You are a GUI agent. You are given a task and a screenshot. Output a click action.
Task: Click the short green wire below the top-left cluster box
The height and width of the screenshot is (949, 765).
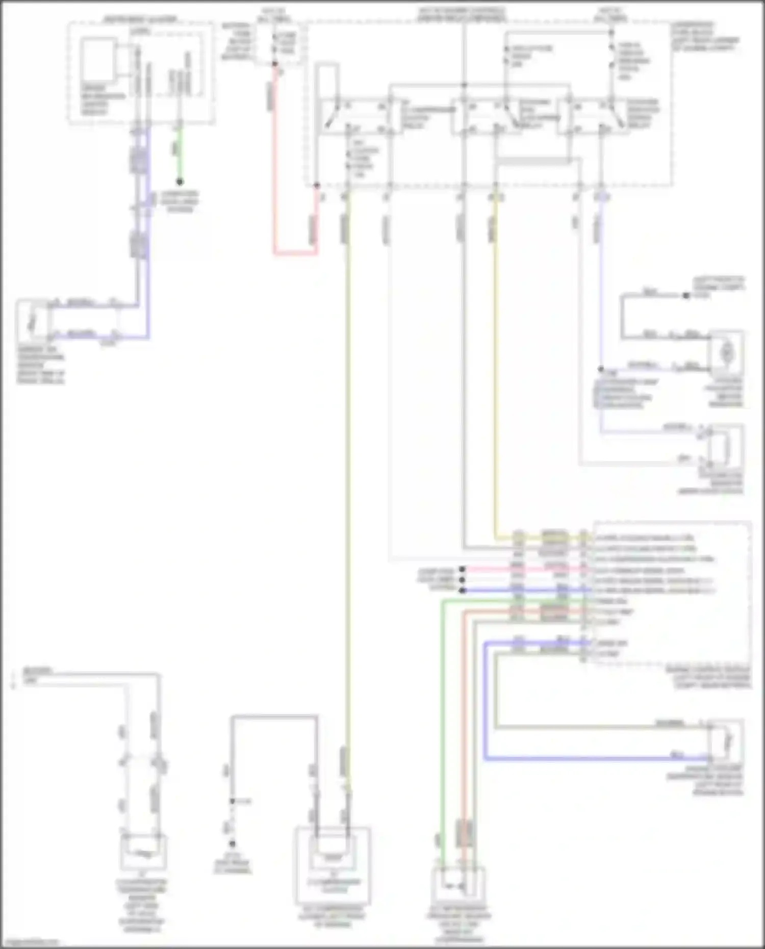click(180, 153)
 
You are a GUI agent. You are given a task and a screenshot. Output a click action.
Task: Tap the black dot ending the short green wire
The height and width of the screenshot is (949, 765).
click(180, 182)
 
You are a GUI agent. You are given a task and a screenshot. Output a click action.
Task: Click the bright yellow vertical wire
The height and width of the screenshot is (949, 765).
click(495, 357)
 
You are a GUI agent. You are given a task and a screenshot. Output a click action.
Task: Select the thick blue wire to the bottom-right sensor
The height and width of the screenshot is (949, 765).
click(586, 759)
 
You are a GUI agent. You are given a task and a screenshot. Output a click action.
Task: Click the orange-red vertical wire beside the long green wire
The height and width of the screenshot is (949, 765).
click(464, 714)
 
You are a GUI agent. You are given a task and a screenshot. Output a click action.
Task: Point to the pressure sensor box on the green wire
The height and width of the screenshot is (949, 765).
click(457, 886)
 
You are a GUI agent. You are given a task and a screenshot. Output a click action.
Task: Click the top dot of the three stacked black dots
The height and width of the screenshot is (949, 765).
click(462, 569)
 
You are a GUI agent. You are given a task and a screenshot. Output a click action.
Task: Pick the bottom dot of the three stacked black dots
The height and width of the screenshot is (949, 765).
click(462, 591)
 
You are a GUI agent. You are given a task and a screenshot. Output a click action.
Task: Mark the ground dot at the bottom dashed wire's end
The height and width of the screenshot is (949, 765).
click(232, 844)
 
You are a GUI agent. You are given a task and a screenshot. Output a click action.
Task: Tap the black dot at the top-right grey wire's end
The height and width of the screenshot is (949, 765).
click(686, 295)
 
